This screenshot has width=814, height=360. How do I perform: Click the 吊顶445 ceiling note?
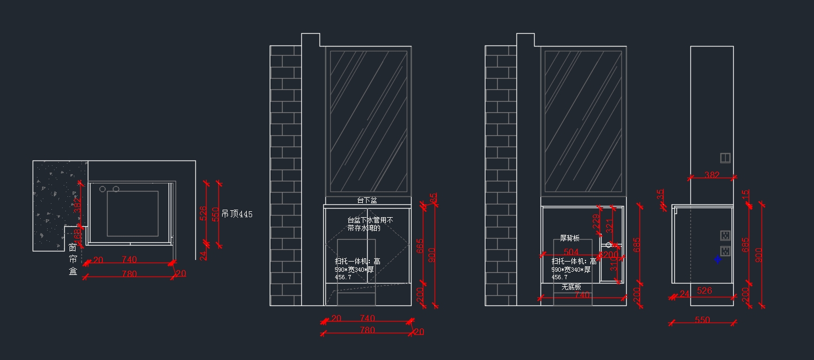(x=237, y=214)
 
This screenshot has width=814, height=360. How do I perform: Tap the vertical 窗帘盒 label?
(x=73, y=259)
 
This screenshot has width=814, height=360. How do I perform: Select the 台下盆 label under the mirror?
(x=367, y=200)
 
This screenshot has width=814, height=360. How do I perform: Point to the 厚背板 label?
(x=569, y=238)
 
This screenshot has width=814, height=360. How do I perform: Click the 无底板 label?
(x=571, y=287)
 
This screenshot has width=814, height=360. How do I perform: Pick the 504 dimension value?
(x=571, y=252)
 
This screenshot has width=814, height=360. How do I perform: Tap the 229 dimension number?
(x=596, y=221)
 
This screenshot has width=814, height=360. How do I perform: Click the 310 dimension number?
(x=613, y=264)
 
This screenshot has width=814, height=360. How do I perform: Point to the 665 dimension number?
(x=420, y=247)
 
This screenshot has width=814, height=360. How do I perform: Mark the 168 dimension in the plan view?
(x=78, y=235)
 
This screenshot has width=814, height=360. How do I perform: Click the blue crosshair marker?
(x=718, y=259)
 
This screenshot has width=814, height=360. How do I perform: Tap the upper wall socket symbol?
(x=725, y=235)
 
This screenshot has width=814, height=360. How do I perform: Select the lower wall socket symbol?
(x=725, y=251)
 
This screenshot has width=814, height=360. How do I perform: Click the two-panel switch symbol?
(x=725, y=158)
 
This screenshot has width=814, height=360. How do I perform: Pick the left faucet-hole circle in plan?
(x=102, y=189)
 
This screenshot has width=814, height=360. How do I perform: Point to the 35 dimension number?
(x=660, y=193)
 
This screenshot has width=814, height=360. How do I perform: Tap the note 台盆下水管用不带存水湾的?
(x=370, y=224)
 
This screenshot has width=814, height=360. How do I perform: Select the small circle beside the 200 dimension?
(x=608, y=245)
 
